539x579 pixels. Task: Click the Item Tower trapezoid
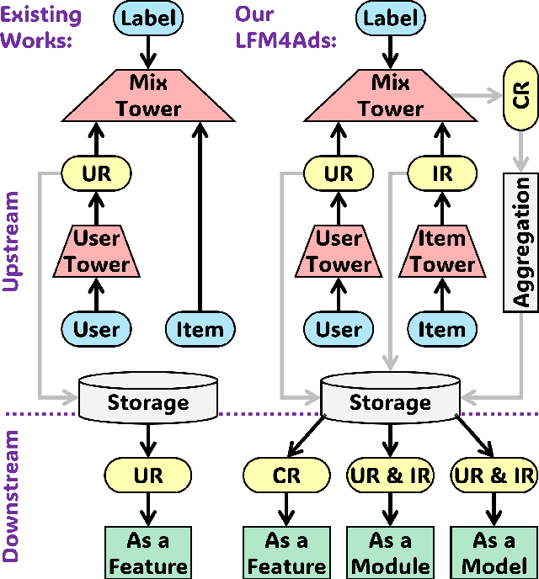pos(442,252)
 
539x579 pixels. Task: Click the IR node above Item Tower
pos(442,174)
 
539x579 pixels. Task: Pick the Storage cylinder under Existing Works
pos(148,397)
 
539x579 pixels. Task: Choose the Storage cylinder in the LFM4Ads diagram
pos(390,397)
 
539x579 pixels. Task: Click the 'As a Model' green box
pos(493,552)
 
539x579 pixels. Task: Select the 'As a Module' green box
pos(390,552)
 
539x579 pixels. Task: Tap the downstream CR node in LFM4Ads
pos(286,476)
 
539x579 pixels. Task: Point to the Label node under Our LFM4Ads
pos(391,18)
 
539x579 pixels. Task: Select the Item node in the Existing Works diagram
pos(200,329)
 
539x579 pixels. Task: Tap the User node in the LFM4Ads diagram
pos(339,329)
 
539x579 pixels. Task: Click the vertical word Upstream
pos(12,242)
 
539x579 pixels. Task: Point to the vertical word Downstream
pos(12,497)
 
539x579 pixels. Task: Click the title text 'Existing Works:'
pos(42,27)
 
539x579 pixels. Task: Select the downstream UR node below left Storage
pos(148,476)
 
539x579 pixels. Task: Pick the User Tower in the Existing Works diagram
pos(97,252)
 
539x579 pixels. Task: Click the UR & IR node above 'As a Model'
pos(494,476)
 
